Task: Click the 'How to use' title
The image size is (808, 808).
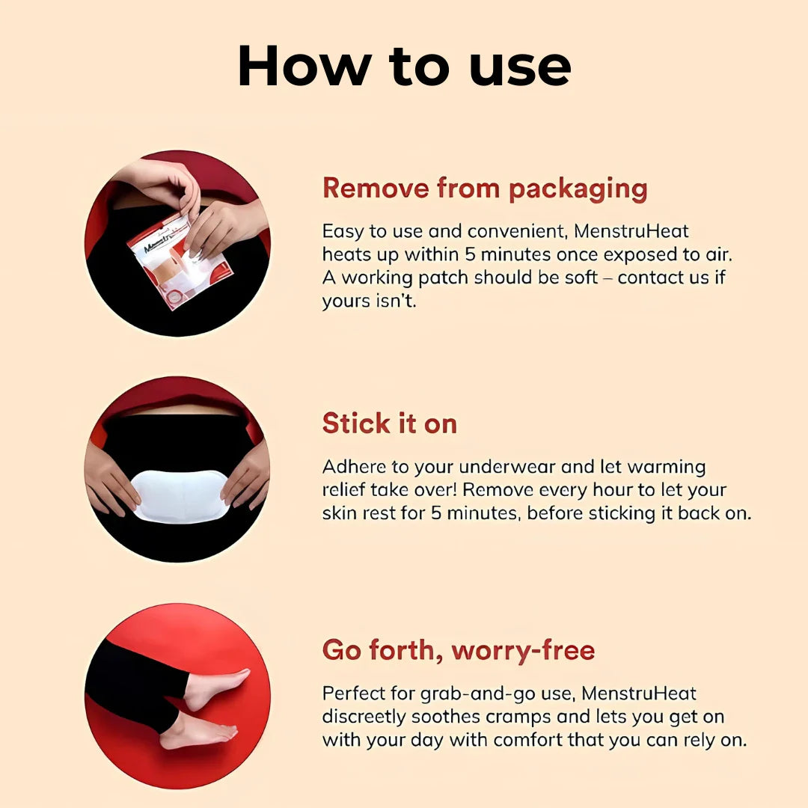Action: click(405, 67)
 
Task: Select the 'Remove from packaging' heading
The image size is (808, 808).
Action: click(485, 189)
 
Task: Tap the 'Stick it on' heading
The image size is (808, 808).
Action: click(390, 423)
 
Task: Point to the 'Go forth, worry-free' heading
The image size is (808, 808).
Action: click(459, 650)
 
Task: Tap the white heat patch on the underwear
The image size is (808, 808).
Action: click(180, 496)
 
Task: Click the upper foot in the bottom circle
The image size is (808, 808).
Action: click(215, 688)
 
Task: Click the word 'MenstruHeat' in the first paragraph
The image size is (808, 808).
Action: click(631, 231)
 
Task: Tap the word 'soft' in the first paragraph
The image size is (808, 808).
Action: click(581, 278)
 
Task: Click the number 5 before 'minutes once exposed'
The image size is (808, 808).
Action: click(470, 254)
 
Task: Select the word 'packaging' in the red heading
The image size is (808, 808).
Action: click(578, 189)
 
